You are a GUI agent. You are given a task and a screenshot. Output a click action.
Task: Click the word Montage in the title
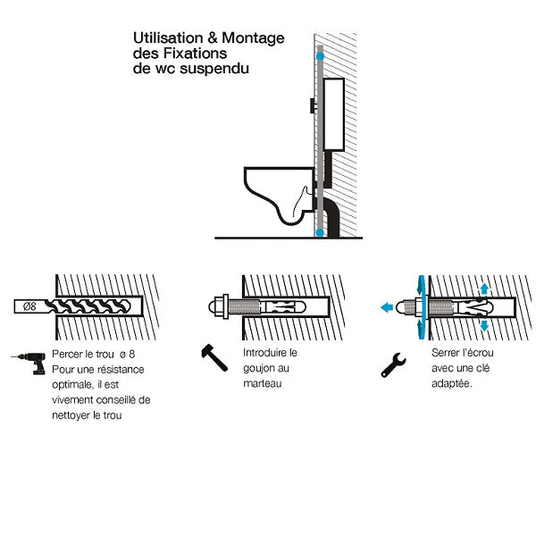click(x=253, y=38)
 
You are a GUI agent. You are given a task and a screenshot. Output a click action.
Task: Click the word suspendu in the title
click(x=214, y=69)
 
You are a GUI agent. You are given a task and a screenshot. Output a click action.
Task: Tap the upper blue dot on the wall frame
click(x=321, y=56)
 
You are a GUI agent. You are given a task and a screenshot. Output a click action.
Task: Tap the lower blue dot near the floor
click(x=320, y=233)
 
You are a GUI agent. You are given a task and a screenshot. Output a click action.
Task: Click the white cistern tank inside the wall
click(x=333, y=114)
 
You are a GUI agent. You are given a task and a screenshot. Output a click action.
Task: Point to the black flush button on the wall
click(x=313, y=105)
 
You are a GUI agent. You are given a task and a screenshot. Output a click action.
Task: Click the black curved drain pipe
click(x=331, y=217)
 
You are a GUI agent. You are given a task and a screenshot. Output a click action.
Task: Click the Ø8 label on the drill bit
click(x=29, y=306)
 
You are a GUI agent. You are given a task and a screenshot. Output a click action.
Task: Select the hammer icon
click(x=214, y=357)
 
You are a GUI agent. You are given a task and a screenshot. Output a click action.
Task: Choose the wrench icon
click(x=393, y=365)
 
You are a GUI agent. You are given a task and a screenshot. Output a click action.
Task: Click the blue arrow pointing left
click(x=387, y=307)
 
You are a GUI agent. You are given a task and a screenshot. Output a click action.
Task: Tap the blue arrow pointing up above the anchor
click(x=484, y=289)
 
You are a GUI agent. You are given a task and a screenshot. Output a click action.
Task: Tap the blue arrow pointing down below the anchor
click(x=484, y=325)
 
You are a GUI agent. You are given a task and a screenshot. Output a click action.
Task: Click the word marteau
click(x=263, y=383)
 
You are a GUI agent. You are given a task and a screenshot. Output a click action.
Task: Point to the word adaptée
click(x=451, y=383)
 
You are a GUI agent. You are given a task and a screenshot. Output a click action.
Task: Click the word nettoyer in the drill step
click(x=71, y=415)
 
